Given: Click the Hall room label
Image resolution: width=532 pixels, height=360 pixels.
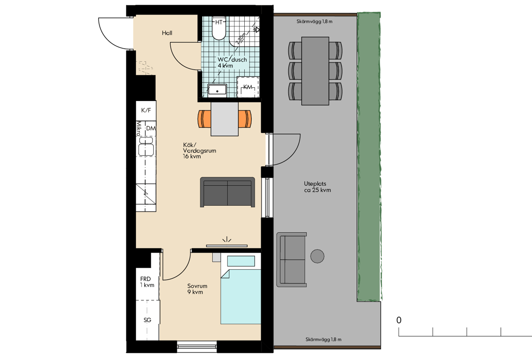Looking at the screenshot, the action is (167, 33).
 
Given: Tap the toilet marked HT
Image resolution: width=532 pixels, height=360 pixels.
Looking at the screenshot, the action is (219, 28).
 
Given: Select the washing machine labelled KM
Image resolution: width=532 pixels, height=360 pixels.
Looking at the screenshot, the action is (248, 87).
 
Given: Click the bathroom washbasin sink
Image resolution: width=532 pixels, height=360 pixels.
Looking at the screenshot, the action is (217, 90).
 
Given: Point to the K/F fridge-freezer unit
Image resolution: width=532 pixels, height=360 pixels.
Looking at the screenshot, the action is (146, 110).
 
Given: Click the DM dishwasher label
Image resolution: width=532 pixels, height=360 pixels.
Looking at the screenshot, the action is (151, 129).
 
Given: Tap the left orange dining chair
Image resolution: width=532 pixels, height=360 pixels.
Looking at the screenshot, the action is (204, 119).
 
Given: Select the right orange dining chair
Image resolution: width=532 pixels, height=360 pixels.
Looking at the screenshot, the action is (245, 119).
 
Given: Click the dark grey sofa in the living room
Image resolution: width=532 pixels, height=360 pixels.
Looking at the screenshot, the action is (227, 192).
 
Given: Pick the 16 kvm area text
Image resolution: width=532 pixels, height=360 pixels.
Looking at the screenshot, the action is (192, 157).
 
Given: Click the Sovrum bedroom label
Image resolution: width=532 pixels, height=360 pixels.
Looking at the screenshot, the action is (197, 286).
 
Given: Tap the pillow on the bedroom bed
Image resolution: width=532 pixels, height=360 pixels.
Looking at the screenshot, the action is (241, 261).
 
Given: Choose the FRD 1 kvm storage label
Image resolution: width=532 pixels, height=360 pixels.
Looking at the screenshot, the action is (147, 282).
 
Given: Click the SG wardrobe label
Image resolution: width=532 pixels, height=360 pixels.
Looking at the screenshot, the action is (147, 320).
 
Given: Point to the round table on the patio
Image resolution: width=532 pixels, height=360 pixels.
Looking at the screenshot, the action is (317, 256).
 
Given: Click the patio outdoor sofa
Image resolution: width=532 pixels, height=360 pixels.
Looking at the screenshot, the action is (291, 259).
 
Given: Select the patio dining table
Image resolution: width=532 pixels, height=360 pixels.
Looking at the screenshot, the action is (315, 71).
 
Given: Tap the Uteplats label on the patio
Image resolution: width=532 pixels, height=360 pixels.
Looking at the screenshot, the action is (315, 184).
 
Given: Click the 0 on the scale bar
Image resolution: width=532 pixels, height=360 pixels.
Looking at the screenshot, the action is (399, 320).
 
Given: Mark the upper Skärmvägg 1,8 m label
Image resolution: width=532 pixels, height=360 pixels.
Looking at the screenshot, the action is (314, 22).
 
